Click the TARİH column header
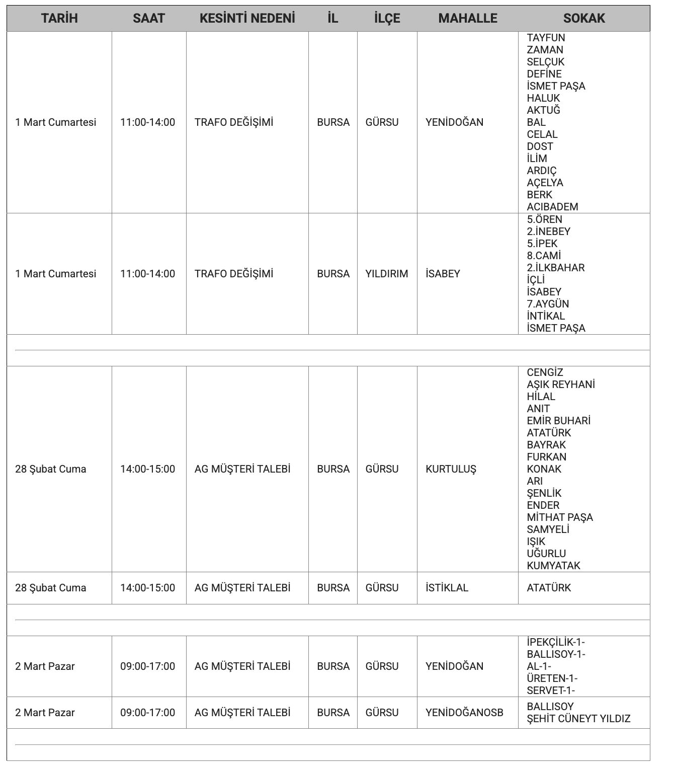click(59, 19)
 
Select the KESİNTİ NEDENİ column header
click(247, 19)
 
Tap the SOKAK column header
click(583, 19)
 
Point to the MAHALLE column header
click(467, 19)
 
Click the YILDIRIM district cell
click(386, 274)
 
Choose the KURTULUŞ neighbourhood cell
click(450, 469)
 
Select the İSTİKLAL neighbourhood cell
click(447, 588)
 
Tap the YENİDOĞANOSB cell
click(464, 713)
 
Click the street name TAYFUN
click(546, 38)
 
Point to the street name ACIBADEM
click(552, 207)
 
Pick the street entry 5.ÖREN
click(544, 219)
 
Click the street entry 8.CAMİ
click(544, 256)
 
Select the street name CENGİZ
click(545, 372)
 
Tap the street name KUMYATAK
click(553, 566)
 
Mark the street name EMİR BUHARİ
click(558, 421)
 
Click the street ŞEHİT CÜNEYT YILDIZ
click(578, 719)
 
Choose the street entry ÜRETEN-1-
click(552, 678)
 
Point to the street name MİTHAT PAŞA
click(559, 517)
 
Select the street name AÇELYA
click(545, 183)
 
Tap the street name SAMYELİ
click(548, 529)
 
